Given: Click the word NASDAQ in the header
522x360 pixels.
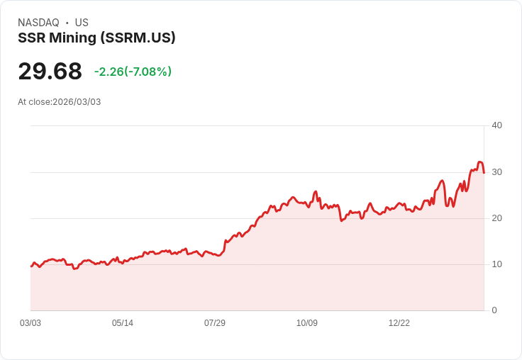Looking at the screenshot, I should (38, 23).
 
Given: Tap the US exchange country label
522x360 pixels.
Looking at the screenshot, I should (82, 23).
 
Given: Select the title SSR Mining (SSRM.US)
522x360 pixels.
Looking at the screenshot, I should (96, 38).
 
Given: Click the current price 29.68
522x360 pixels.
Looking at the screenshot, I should (50, 72).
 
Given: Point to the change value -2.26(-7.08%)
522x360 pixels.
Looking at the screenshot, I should (133, 72).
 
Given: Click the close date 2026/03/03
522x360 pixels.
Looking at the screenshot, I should (77, 102).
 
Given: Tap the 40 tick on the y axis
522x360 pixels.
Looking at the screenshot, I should (496, 125).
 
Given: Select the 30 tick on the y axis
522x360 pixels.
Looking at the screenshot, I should (496, 172).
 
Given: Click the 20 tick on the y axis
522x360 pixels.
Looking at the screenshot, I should (496, 218).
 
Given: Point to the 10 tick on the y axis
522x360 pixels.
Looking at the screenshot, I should (496, 264).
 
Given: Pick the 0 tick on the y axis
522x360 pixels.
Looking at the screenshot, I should (494, 310).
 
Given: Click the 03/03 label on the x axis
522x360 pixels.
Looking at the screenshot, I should (30, 323).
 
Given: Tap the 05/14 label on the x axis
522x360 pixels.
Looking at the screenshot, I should (123, 323).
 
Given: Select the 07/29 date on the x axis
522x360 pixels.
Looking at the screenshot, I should (215, 323).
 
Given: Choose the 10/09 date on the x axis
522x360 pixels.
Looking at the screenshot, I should (307, 323).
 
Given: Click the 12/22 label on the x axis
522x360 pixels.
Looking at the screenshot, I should (399, 323).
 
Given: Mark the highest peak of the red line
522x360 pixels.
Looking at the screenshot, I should (480, 162).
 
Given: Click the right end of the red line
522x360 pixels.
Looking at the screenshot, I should (484, 172).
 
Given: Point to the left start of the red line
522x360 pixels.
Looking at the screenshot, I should (31, 266).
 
